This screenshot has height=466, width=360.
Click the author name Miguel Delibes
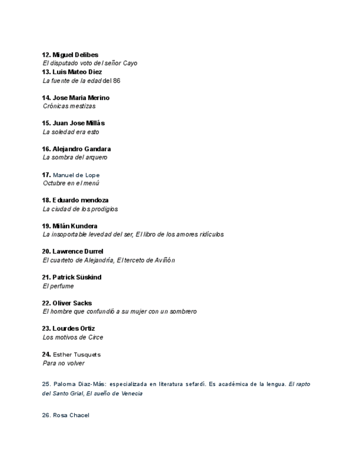pyautogui.click(x=75, y=55)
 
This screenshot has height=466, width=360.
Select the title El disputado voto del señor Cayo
pyautogui.click(x=90, y=63)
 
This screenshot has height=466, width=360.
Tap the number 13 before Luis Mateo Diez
pyautogui.click(x=46, y=72)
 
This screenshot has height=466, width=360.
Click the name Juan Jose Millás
pyautogui.click(x=79, y=123)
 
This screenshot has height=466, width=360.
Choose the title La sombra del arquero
pyautogui.click(x=75, y=157)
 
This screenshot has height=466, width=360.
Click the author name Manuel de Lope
pyautogui.click(x=76, y=175)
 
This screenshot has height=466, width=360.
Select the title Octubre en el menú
pyautogui.click(x=71, y=183)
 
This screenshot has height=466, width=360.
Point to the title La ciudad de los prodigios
pyautogui.click(x=80, y=209)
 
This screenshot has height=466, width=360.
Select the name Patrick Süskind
pyautogui.click(x=77, y=278)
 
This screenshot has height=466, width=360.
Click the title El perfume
pyautogui.click(x=58, y=286)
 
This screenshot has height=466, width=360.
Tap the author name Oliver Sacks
pyautogui.click(x=72, y=303)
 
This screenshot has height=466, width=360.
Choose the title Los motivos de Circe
pyautogui.click(x=73, y=337)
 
